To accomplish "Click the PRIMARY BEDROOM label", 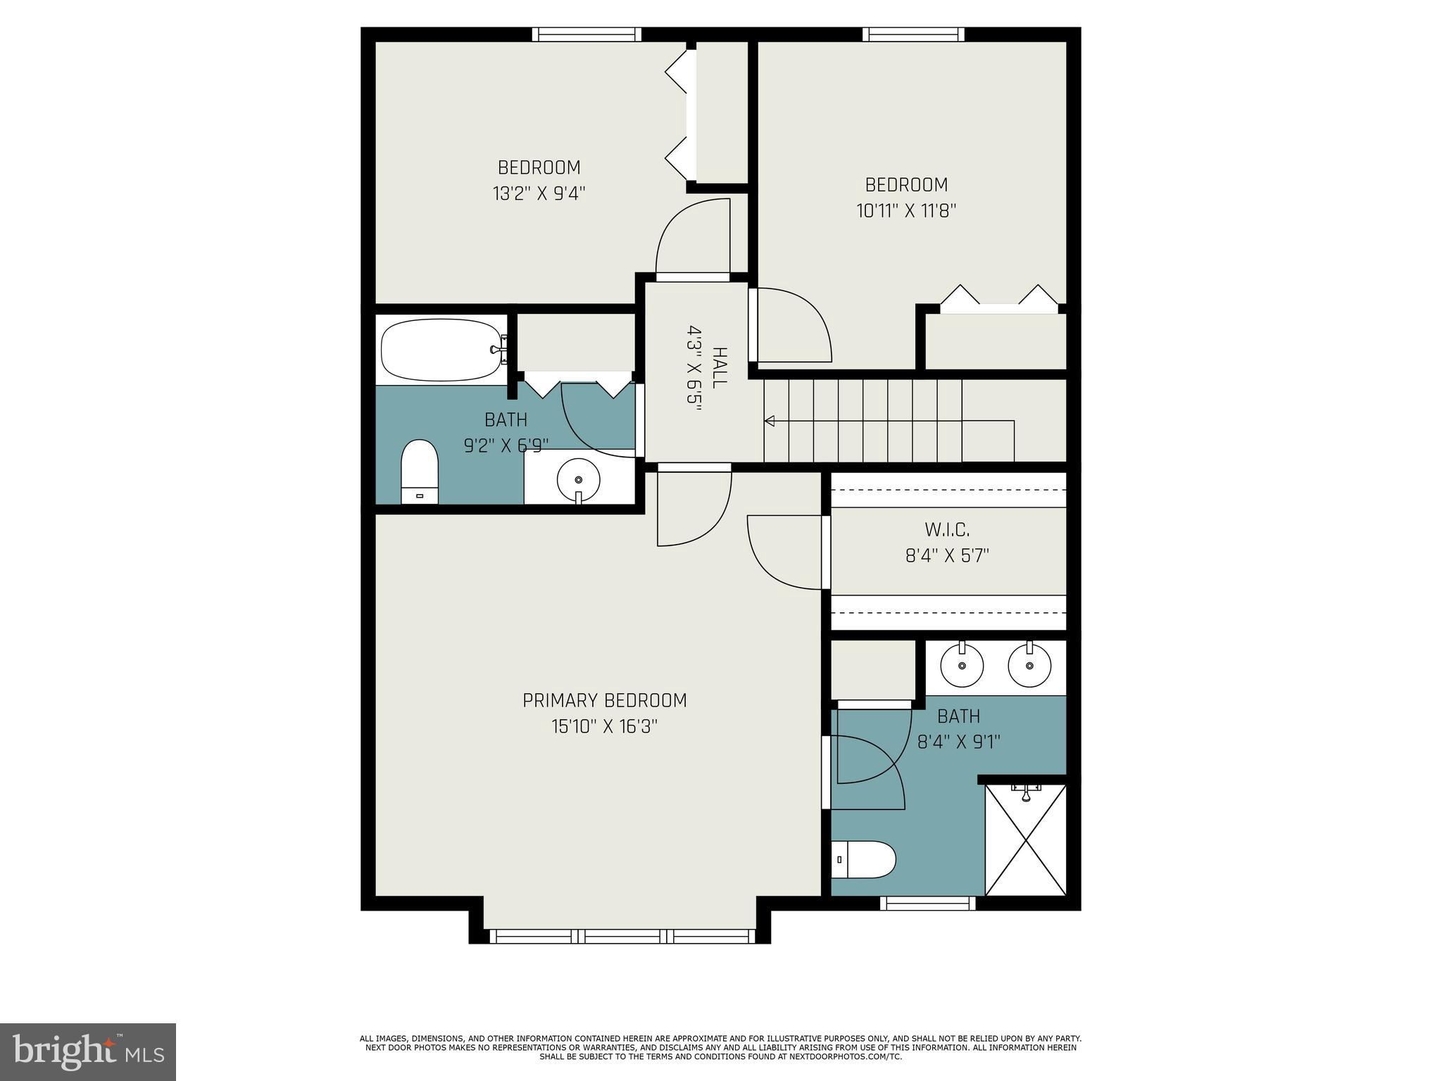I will point(604,700).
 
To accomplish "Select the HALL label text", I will point(718,367).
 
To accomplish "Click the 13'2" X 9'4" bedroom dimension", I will point(539,194).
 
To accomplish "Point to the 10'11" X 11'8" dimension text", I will point(906,210).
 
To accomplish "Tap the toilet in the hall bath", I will point(420,470).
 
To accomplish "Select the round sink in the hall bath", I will point(578,480).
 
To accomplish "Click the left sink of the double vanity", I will point(962,665).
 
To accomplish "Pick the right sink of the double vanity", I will point(1029,665).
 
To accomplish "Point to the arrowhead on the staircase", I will point(770,421).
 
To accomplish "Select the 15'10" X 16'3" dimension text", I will point(604,726).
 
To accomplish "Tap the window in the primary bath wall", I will point(927,903).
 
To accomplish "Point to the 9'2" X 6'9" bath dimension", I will point(506,445).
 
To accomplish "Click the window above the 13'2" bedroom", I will point(586,34).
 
